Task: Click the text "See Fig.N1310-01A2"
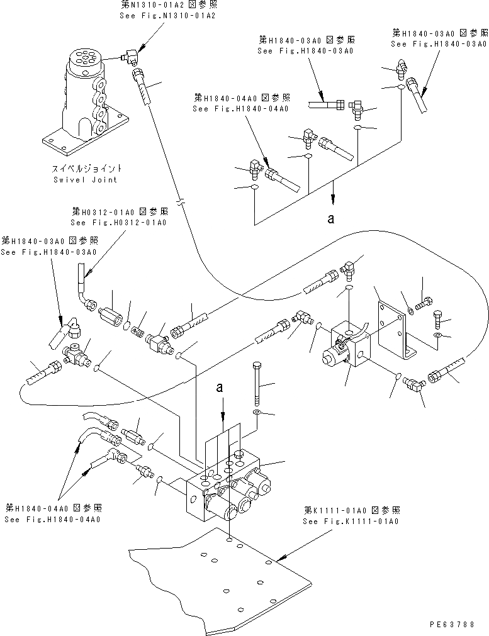[x=167, y=16]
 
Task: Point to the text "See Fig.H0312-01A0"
[x=119, y=223]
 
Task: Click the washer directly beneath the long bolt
[x=256, y=412]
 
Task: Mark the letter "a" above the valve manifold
[x=220, y=389]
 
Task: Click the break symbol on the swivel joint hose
[x=181, y=203]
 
